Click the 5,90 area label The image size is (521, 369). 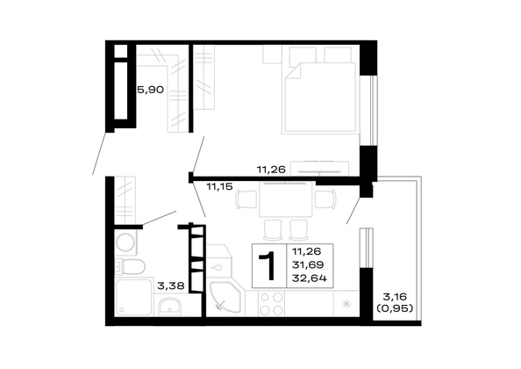point(150,90)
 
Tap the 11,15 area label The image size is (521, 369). point(219,186)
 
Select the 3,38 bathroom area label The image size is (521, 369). point(171,286)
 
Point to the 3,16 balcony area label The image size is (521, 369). point(395,296)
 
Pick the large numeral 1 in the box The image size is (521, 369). point(268,266)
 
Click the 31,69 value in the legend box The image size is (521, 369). point(308,264)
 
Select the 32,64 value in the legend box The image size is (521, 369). point(309,278)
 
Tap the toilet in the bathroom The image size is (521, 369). point(130,266)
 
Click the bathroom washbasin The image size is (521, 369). point(169,306)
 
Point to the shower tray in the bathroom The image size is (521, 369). point(134,297)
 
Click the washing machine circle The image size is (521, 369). point(125,242)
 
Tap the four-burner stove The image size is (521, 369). point(272,303)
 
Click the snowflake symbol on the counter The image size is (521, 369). point(346,304)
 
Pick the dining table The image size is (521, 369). point(286,199)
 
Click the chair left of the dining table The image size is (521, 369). point(246,199)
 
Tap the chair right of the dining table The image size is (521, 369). point(325,199)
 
